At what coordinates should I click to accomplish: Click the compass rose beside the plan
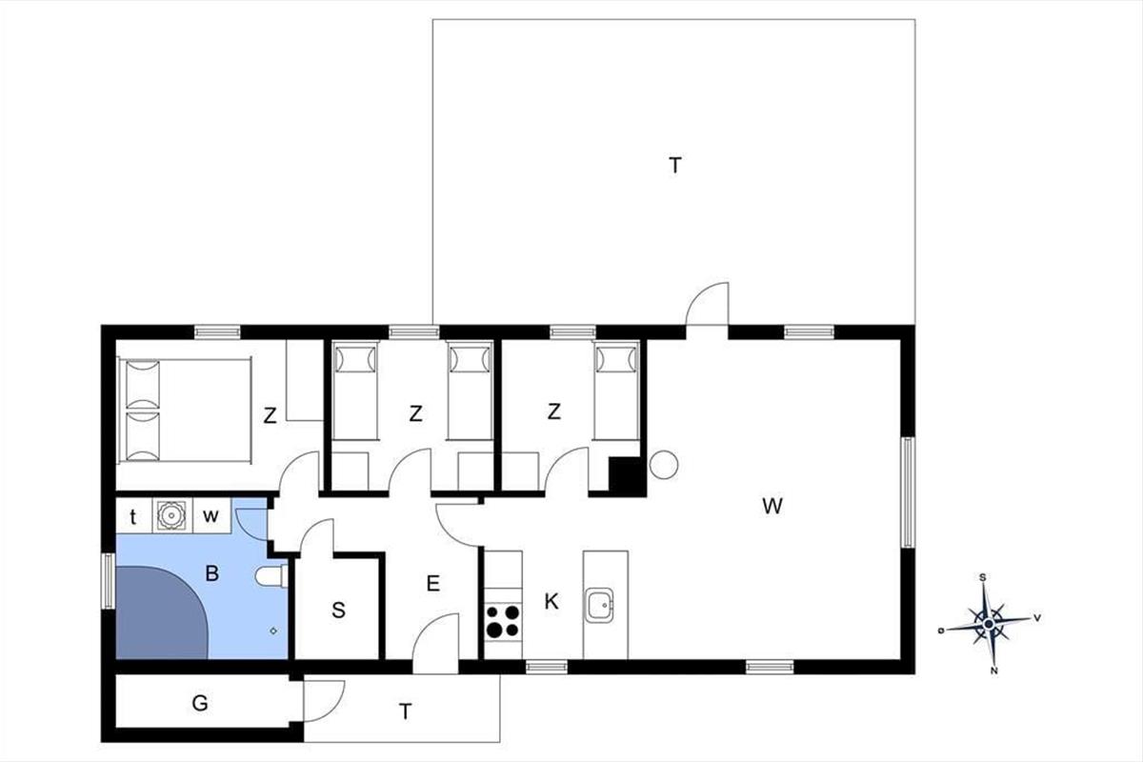[989, 624]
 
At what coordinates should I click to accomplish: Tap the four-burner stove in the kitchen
[503, 621]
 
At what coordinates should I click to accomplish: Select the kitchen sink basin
[599, 605]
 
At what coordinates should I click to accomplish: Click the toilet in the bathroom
[272, 576]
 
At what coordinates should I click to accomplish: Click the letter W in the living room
[772, 507]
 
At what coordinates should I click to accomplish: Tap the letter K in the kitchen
[551, 602]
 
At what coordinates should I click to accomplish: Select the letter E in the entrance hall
[432, 583]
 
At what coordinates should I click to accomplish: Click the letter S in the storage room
[338, 610]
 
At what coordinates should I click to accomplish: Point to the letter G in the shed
[200, 703]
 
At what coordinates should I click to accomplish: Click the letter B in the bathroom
[211, 573]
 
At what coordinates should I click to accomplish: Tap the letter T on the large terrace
[675, 166]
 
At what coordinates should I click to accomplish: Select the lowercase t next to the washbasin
[133, 517]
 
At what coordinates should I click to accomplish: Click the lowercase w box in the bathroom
[211, 516]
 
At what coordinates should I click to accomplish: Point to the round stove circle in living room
[664, 465]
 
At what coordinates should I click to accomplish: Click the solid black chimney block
[628, 476]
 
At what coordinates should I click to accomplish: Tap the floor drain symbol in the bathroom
[273, 631]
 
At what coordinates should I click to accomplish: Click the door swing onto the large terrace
[707, 304]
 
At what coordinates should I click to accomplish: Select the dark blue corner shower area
[161, 612]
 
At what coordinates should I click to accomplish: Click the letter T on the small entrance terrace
[405, 712]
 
